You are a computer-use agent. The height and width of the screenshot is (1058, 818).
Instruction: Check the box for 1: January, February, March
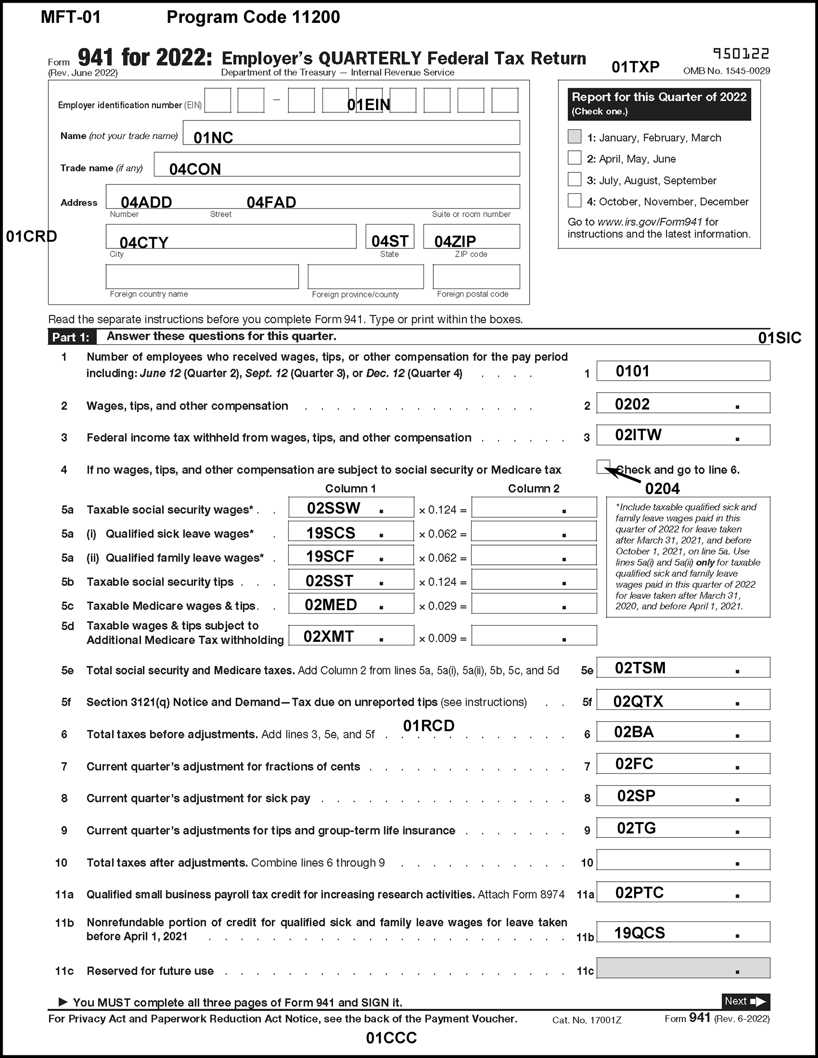click(x=574, y=137)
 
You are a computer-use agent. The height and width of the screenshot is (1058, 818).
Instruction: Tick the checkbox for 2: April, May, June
click(x=574, y=158)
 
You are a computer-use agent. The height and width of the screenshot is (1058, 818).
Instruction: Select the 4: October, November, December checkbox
click(x=574, y=201)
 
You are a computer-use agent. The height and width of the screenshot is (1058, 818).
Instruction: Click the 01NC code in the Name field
click(x=213, y=138)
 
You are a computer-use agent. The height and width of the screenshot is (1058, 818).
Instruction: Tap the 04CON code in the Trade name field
click(x=195, y=169)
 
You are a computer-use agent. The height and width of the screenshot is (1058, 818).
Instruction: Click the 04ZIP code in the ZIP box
click(x=455, y=241)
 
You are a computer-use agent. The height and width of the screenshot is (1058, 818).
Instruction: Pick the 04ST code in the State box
click(x=390, y=241)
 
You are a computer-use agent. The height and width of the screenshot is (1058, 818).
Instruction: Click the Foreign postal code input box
click(x=476, y=277)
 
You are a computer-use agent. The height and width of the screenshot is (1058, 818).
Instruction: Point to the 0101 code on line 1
click(x=632, y=371)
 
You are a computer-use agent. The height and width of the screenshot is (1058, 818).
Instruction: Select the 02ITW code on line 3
click(x=638, y=435)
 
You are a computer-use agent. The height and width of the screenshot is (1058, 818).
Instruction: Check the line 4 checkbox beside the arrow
click(x=603, y=466)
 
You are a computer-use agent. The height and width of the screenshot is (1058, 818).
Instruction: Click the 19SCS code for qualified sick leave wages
click(x=330, y=533)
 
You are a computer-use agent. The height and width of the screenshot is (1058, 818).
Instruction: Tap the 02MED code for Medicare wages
click(x=330, y=605)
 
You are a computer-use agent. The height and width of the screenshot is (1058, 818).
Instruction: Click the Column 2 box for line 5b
click(x=534, y=580)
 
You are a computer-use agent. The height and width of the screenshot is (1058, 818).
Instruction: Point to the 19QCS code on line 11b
click(x=640, y=933)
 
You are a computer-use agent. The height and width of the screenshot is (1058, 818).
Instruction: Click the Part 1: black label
click(x=72, y=337)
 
